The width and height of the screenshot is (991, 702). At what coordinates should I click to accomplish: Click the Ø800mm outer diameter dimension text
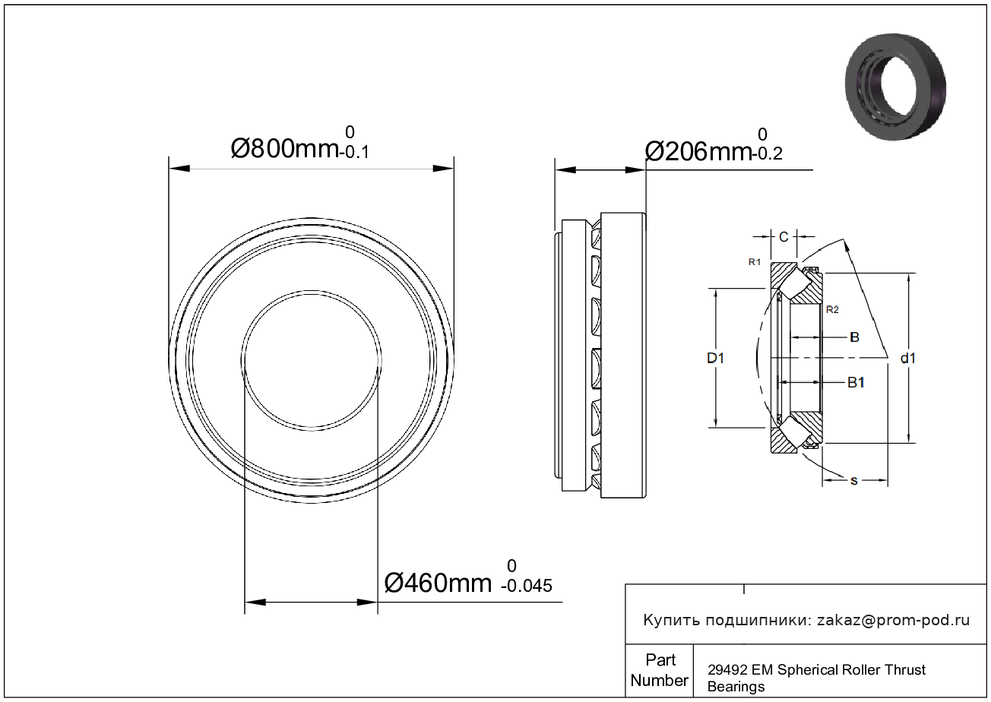[x=284, y=149]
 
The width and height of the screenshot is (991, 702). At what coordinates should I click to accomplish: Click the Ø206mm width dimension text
[x=698, y=152]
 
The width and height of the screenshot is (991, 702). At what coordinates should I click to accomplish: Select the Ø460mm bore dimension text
[x=438, y=583]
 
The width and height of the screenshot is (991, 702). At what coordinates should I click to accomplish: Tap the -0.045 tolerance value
[x=526, y=586]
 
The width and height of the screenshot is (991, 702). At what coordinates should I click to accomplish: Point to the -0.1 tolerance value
[x=354, y=153]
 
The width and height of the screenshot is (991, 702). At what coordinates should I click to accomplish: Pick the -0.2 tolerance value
[x=768, y=154]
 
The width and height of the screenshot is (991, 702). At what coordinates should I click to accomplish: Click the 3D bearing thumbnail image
[x=895, y=87]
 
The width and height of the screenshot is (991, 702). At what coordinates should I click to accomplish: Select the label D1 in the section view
[x=715, y=358]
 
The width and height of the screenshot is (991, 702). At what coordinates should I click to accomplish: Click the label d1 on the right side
[x=908, y=358]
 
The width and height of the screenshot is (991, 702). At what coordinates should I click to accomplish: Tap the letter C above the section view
[x=784, y=237]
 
